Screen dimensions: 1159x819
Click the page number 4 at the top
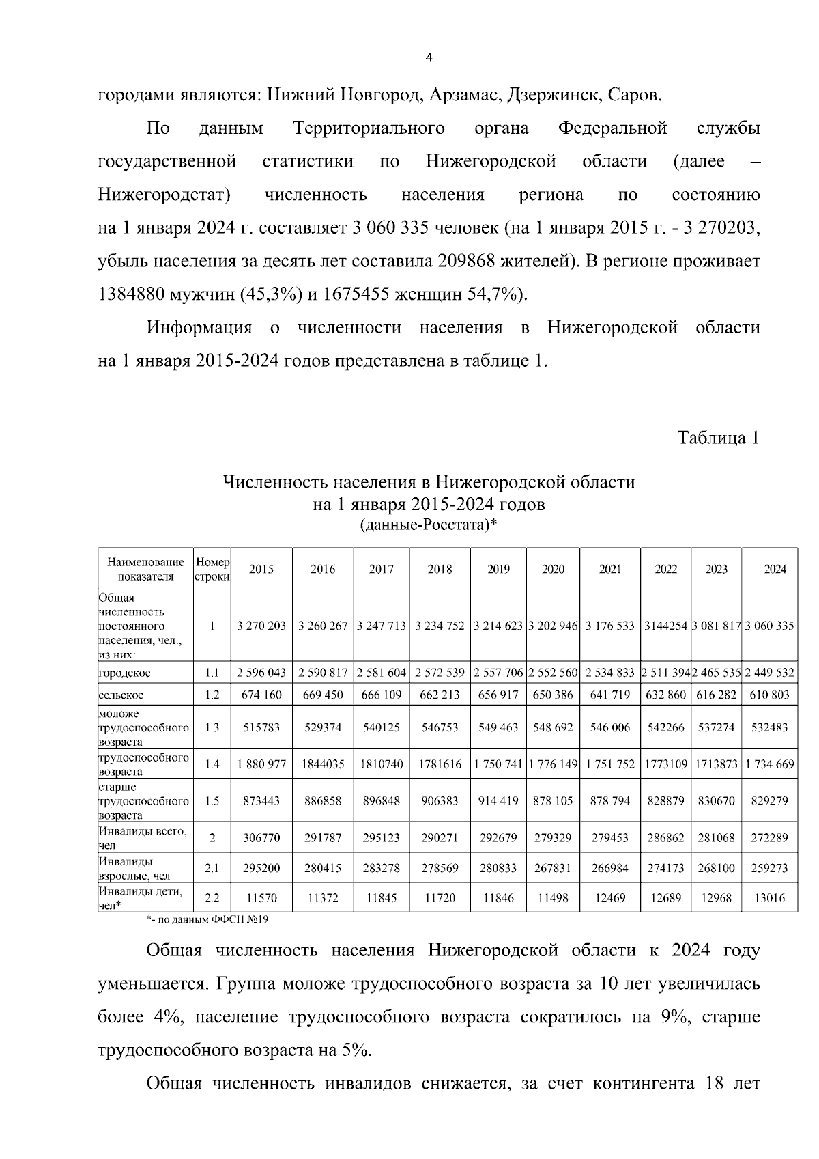coord(429,58)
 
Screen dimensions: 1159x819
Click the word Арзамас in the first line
coord(463,95)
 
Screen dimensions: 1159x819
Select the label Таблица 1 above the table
coord(718,438)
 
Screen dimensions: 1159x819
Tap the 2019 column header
coord(498,569)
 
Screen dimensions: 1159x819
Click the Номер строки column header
coord(212,569)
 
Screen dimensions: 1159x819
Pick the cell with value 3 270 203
coord(261,626)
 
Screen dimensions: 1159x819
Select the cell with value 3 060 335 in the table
coord(769,626)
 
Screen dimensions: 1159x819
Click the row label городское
coord(124,673)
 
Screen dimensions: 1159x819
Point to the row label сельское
coord(121,695)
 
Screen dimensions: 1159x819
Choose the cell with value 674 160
coord(261,695)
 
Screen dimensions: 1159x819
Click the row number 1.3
coord(212,727)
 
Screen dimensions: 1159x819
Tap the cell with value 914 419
coord(498,800)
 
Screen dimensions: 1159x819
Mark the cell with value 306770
coord(261,837)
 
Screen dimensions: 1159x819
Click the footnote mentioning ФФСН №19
coord(207,919)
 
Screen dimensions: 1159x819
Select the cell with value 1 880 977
coord(261,764)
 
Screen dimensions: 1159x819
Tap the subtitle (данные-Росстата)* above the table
coord(428,525)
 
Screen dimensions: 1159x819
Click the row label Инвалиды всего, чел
coord(142,837)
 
